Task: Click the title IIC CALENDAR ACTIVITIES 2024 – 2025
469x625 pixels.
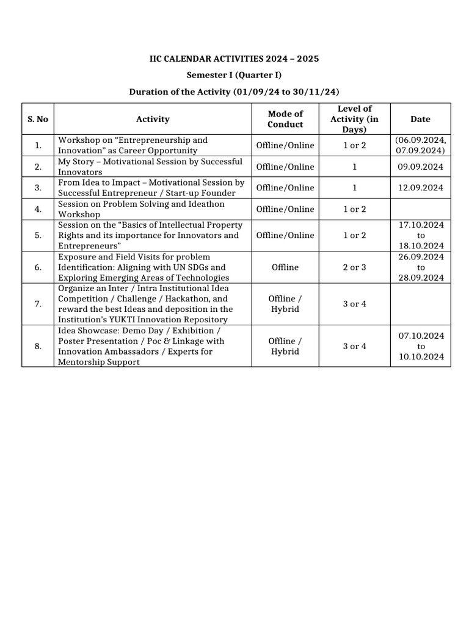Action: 234,59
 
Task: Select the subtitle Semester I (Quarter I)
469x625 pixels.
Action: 234,75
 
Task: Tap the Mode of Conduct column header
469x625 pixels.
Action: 285,119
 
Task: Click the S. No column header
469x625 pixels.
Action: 38,119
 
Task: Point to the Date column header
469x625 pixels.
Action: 420,119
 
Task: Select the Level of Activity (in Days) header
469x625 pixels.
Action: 355,119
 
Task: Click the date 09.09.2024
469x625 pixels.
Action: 420,167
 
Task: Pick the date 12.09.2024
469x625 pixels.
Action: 420,188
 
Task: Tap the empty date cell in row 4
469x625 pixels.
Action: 420,209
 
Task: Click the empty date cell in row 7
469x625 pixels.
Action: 420,304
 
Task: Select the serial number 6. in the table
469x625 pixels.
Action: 38,267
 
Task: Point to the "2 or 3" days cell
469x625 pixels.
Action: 355,267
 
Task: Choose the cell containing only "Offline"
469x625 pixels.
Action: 285,267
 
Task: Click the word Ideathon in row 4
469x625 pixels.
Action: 204,204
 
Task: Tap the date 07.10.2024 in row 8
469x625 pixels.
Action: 420,336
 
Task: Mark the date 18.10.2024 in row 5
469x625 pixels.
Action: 420,245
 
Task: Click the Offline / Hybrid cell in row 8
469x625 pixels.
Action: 285,346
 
